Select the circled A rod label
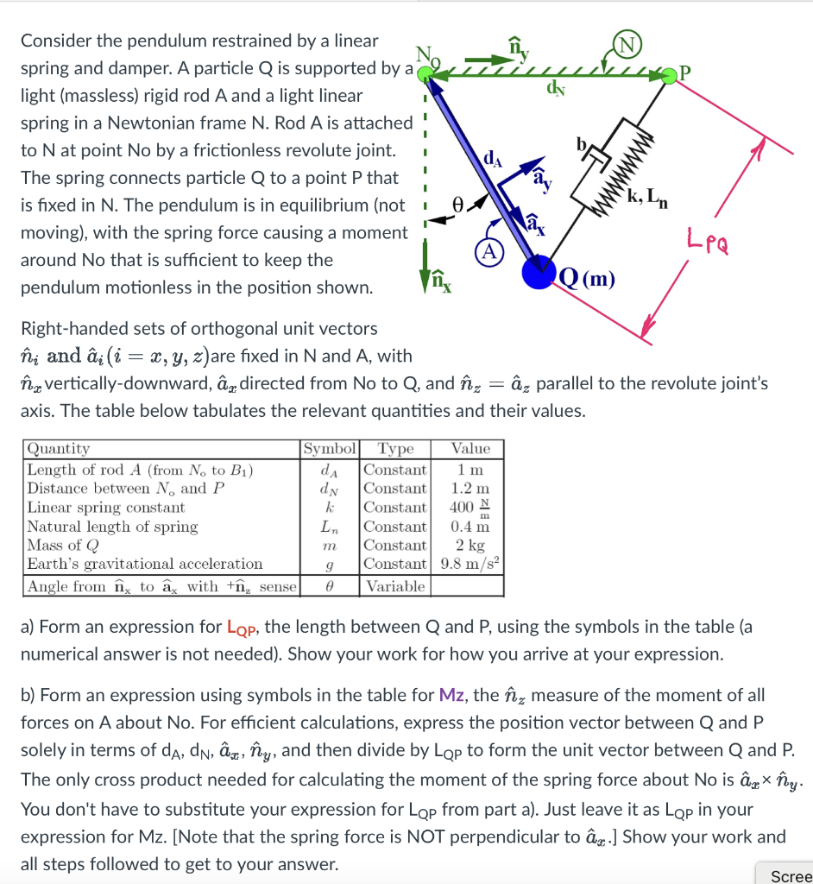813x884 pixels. point(488,251)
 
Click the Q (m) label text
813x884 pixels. point(587,278)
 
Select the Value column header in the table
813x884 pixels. point(470,449)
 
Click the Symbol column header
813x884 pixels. point(330,449)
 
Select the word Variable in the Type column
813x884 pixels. point(395,586)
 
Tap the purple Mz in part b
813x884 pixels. point(454,695)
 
